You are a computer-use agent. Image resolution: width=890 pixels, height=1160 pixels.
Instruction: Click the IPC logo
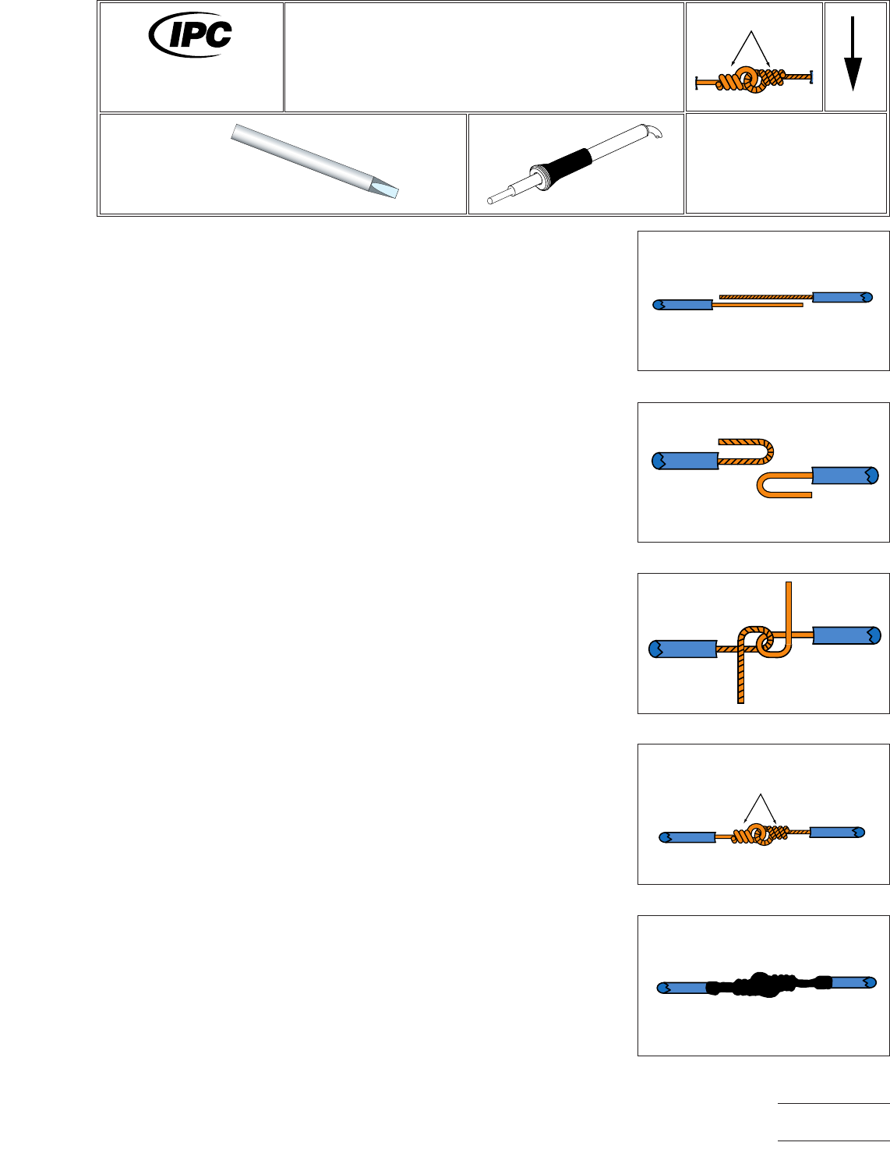pyautogui.click(x=191, y=34)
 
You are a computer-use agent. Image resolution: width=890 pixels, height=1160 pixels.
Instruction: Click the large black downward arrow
pyautogui.click(x=853, y=55)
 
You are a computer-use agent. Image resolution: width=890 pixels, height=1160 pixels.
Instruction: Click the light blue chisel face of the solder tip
pyautogui.click(x=386, y=189)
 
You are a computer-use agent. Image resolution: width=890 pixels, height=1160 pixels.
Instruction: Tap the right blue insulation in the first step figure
pyautogui.click(x=842, y=297)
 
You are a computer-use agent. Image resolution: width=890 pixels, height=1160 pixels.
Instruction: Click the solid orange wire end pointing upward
pyautogui.click(x=789, y=604)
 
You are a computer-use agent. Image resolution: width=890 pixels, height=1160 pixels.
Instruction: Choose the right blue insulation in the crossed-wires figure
pyautogui.click(x=846, y=635)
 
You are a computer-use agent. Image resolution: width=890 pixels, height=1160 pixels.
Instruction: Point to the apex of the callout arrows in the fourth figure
pyautogui.click(x=760, y=794)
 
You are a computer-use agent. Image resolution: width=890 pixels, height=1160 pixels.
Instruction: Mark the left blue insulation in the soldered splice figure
pyautogui.click(x=683, y=988)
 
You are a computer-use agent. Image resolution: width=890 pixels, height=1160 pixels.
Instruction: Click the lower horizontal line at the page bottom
pyautogui.click(x=833, y=1141)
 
